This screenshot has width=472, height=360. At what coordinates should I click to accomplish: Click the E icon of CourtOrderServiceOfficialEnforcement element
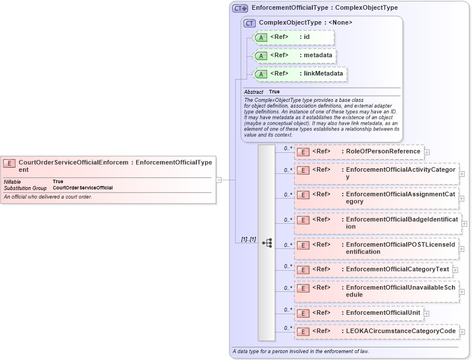tap(10, 163)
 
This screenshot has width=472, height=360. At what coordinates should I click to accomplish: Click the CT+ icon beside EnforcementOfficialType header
tap(240, 8)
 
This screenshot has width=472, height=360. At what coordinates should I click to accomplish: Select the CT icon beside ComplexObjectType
tap(249, 23)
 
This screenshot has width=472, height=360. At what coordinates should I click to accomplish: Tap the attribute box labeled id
tap(293, 37)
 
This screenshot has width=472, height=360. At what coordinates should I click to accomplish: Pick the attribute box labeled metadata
tap(294, 56)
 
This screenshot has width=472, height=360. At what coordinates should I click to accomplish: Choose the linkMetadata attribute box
tap(299, 74)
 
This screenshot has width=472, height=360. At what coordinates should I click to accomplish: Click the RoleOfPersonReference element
tap(359, 152)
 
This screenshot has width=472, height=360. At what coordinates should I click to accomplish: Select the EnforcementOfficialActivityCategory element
tap(376, 173)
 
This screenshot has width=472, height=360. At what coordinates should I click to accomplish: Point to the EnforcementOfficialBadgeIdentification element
tap(378, 223)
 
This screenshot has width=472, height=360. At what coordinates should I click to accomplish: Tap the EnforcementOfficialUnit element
tap(359, 313)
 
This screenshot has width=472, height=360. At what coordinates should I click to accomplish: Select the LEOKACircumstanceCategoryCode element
tap(376, 331)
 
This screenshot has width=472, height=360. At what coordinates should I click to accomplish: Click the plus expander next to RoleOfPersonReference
tap(427, 152)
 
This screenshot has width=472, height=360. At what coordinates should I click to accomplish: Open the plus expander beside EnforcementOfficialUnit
tap(427, 314)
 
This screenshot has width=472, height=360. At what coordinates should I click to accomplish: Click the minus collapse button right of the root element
tap(219, 180)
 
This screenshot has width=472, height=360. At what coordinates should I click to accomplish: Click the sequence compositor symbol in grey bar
tap(267, 243)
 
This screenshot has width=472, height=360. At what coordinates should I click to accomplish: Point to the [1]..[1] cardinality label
tap(244, 239)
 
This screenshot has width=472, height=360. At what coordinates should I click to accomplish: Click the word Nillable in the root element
tap(13, 181)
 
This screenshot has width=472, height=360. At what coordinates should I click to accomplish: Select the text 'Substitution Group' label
tap(25, 188)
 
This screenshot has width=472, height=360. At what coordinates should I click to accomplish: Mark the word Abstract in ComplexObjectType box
tap(253, 92)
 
